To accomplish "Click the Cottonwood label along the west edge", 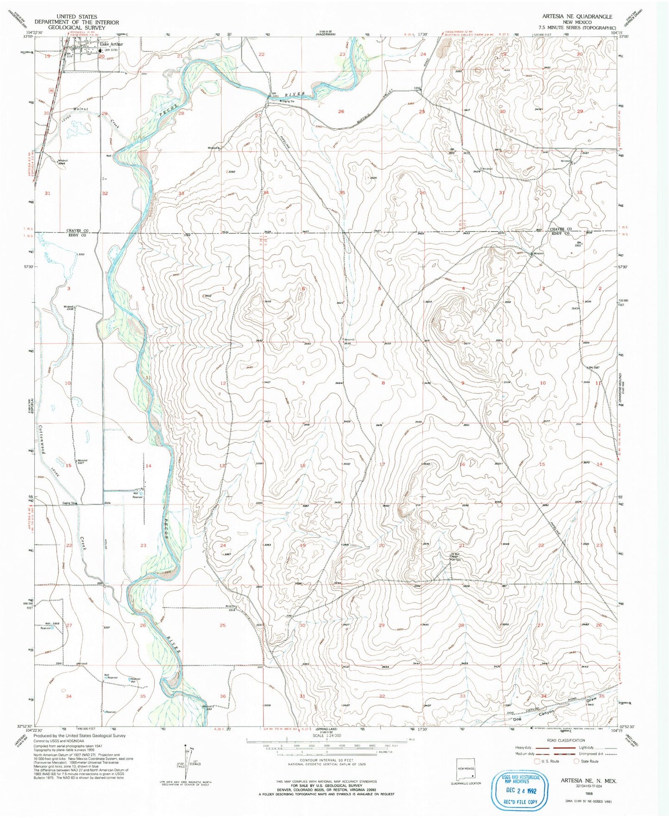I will pos(42,439).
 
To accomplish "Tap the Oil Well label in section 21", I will pos(455,554).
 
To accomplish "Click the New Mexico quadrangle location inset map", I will pos(466,772).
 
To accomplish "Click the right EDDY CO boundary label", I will pos(560,234).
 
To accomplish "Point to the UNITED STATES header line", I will pos(76,17).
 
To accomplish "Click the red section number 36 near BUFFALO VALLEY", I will pos(422,192).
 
